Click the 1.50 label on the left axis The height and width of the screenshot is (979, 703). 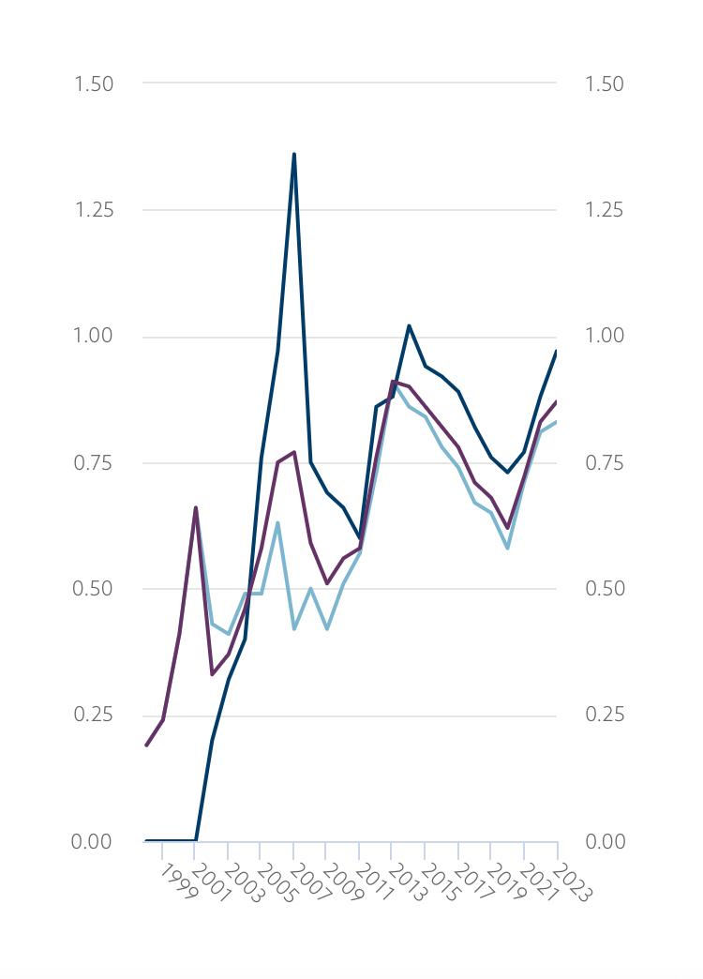94,83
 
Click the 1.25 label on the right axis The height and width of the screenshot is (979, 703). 604,210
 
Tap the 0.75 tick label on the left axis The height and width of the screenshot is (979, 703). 94,462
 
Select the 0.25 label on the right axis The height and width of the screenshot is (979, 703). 604,715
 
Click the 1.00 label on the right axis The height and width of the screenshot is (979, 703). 604,336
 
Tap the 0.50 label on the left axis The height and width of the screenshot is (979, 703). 94,589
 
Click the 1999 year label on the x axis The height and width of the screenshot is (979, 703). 178,882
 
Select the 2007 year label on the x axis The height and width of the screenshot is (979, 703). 309,883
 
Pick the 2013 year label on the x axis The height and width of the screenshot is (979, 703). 408,883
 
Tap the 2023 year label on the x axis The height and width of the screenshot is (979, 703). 572,883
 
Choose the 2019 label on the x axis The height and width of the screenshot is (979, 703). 506,883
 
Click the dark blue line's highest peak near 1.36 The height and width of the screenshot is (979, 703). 294,154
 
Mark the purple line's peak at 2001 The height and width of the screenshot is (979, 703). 196,507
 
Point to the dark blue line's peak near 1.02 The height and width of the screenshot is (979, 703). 409,325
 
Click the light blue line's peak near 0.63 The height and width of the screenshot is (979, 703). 277,523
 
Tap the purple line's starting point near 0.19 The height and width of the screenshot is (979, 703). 146,746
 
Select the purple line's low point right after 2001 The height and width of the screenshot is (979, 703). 213,674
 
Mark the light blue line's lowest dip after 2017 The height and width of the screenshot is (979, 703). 507,548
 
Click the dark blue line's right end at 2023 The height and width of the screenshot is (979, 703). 557,352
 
